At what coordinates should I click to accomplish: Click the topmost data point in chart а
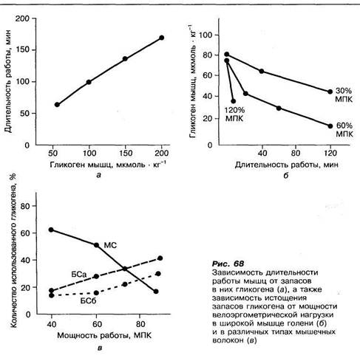click(x=162, y=38)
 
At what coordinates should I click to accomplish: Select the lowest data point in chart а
click(x=57, y=105)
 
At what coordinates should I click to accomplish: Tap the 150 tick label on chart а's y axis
click(x=23, y=50)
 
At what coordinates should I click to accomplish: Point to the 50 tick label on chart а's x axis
click(x=52, y=153)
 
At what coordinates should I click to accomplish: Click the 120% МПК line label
click(x=234, y=114)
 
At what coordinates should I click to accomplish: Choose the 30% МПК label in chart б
click(x=344, y=95)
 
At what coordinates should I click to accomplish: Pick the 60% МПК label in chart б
click(x=344, y=130)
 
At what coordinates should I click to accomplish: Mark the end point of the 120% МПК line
click(x=234, y=101)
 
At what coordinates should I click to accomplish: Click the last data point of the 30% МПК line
click(x=330, y=92)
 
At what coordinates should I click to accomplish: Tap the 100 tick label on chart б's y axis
click(x=206, y=35)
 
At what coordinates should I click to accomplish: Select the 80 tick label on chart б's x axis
click(x=296, y=153)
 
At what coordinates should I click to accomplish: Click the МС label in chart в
click(x=110, y=245)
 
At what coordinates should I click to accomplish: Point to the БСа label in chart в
click(x=79, y=275)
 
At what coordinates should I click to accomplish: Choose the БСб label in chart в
click(x=88, y=301)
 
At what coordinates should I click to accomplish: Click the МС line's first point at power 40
click(x=51, y=230)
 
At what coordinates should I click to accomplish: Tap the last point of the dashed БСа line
click(x=160, y=258)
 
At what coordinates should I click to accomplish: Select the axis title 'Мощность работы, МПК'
click(x=104, y=335)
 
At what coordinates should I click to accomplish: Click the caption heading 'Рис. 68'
click(x=228, y=264)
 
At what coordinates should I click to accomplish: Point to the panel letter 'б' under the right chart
click(x=286, y=176)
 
